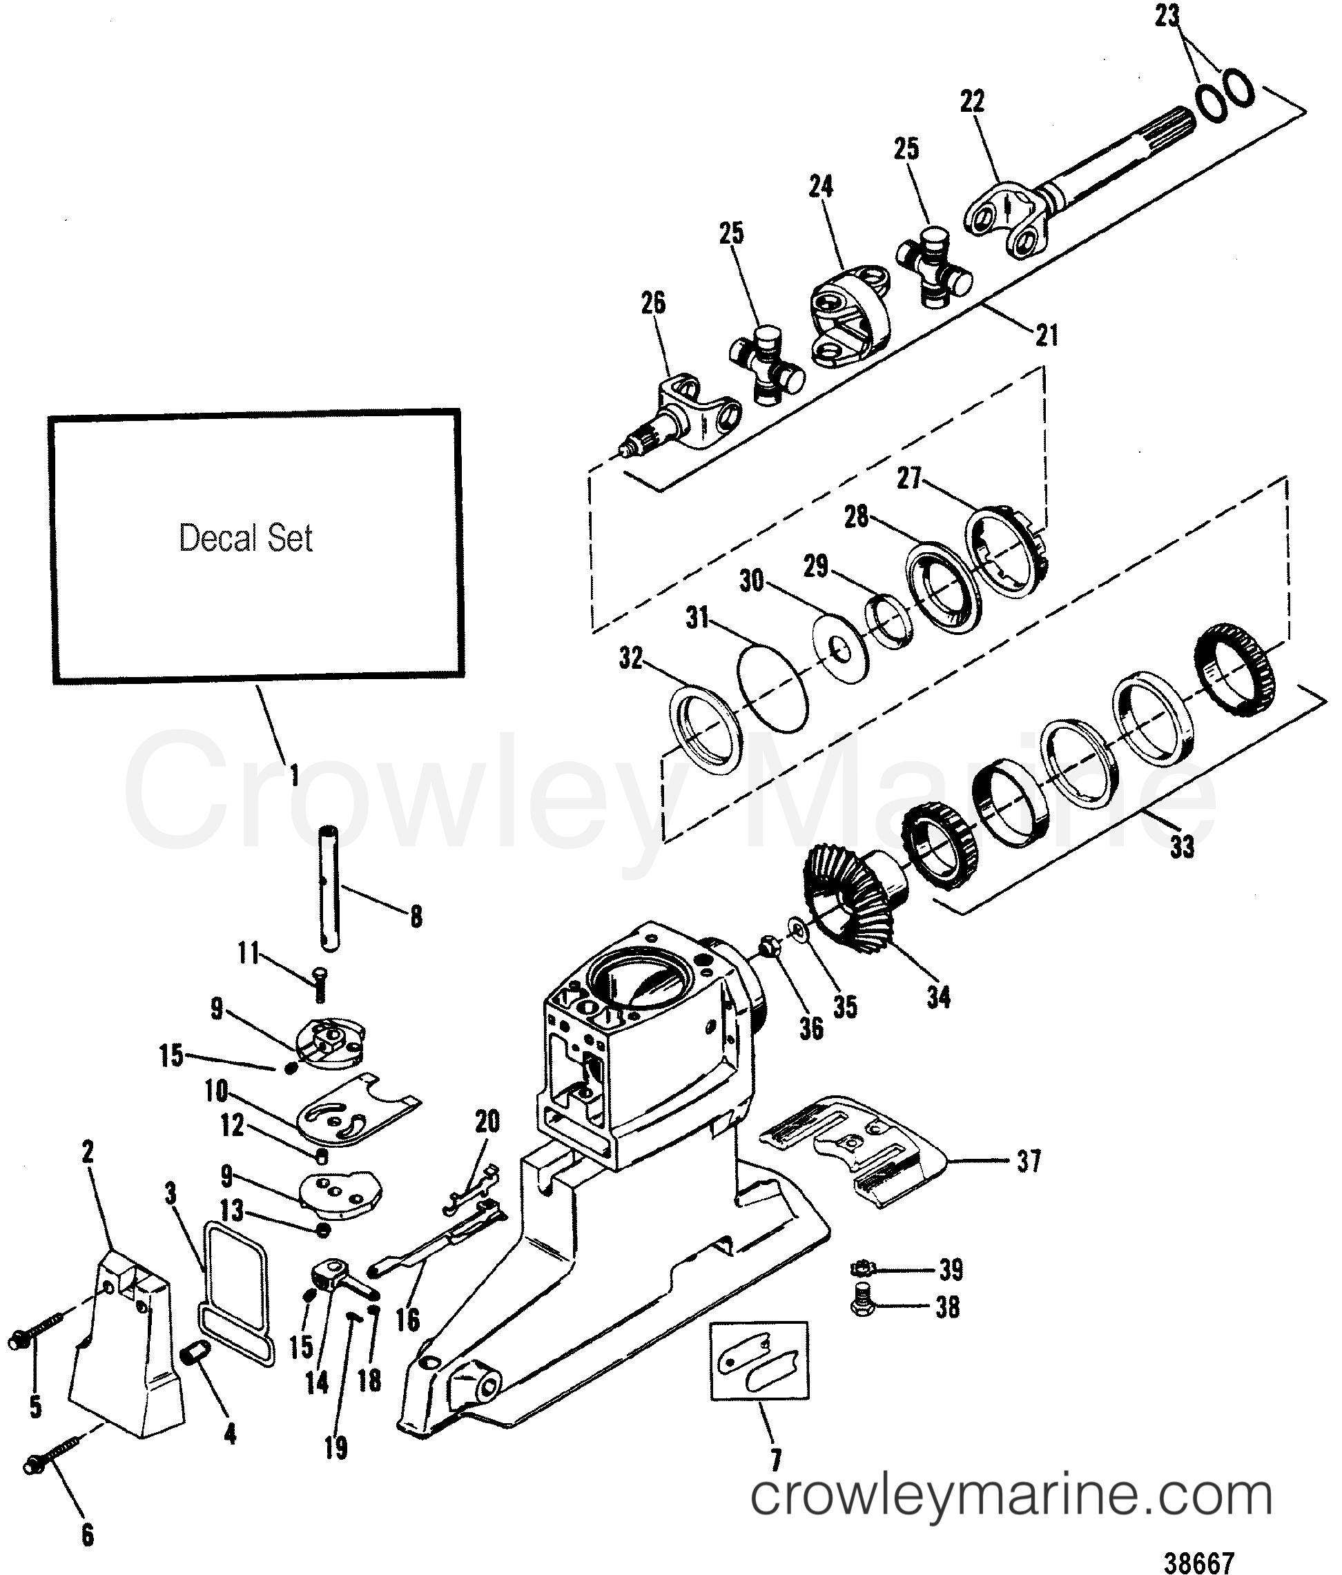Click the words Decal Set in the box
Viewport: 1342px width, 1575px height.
245,538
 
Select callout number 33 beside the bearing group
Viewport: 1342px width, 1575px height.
1182,847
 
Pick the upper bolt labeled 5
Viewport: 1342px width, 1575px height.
30,1338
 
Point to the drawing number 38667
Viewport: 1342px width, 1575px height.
1199,1563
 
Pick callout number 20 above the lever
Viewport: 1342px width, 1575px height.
487,1121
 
